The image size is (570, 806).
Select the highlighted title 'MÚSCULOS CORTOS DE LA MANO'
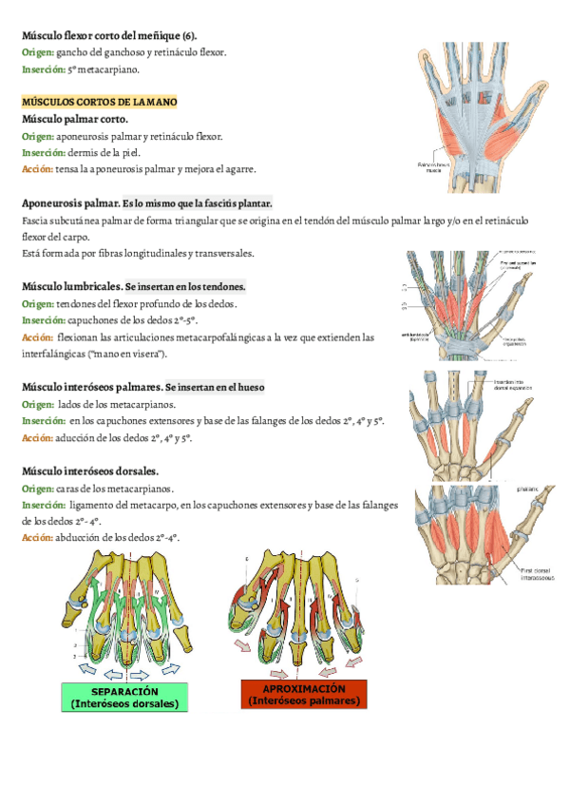click(x=99, y=102)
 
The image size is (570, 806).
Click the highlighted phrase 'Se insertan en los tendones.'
click(x=185, y=286)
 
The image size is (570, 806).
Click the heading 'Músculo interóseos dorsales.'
click(x=90, y=471)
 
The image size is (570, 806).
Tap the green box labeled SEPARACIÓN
click(x=123, y=697)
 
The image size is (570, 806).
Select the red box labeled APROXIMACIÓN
click(x=303, y=694)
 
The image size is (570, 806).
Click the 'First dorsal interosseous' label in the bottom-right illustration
click(x=539, y=572)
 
